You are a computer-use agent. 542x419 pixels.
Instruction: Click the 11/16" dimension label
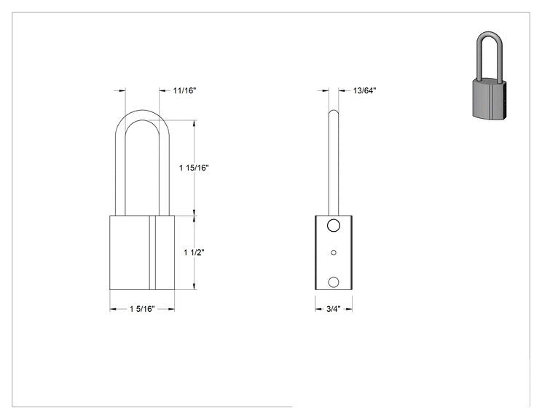tap(184, 90)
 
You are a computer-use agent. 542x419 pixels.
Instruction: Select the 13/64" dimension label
tap(365, 90)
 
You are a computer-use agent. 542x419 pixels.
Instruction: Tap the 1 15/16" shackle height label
tap(194, 168)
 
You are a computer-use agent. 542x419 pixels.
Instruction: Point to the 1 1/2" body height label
tap(194, 252)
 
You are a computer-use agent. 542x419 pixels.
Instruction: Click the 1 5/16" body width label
tap(142, 309)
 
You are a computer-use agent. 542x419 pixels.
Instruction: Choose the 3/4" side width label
tap(334, 309)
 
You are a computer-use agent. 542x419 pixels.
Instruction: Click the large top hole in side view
tap(334, 225)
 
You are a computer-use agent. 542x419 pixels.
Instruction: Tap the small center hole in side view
tap(334, 253)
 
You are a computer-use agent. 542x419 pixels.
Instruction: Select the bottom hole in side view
tap(334, 282)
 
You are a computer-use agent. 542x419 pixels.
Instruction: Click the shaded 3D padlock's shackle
tap(478, 55)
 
